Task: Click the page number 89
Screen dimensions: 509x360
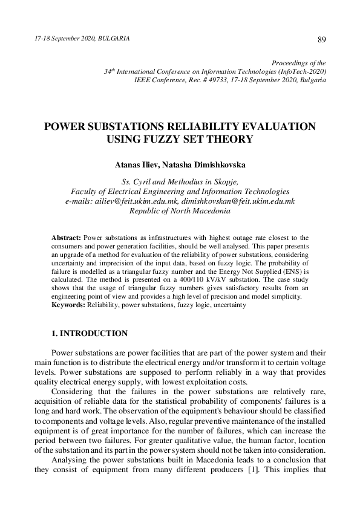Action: (321, 39)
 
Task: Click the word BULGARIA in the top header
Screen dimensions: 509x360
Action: (114, 38)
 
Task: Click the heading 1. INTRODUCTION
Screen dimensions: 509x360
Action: (89, 333)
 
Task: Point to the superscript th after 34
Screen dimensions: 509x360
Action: (113, 69)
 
